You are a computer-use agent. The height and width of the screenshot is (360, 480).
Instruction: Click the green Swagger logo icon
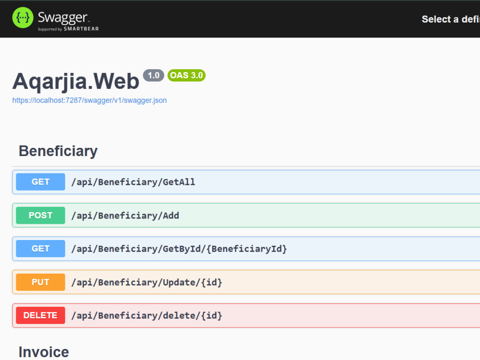tap(23, 18)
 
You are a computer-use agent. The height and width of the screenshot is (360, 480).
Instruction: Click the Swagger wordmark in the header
tap(63, 18)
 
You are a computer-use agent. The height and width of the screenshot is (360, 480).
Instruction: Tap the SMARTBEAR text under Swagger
tap(81, 29)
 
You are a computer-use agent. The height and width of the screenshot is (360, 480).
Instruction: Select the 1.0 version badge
tap(154, 75)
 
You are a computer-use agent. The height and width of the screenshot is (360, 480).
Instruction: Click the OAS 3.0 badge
tap(186, 75)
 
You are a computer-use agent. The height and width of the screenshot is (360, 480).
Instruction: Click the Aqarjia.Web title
tap(76, 82)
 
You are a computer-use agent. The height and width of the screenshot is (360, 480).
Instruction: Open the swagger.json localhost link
tap(89, 100)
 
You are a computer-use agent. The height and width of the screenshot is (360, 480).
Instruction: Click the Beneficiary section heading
tap(58, 151)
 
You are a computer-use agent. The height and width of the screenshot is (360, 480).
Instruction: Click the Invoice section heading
tap(44, 352)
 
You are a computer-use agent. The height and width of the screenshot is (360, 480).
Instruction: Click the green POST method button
tap(40, 216)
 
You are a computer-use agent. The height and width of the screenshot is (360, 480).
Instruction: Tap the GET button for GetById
tap(40, 249)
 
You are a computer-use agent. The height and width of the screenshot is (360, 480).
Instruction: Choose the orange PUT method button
tap(40, 282)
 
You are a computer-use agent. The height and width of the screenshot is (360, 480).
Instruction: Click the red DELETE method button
tap(40, 315)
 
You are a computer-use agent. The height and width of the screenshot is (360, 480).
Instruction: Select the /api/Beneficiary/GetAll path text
tap(133, 182)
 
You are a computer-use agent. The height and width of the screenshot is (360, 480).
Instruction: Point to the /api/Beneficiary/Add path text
tap(125, 216)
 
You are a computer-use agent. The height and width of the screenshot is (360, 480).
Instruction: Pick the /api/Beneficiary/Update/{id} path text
tap(146, 282)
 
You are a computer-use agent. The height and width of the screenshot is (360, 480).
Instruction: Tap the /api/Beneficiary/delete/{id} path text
tap(146, 316)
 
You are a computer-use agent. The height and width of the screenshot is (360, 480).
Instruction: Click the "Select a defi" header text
tap(451, 19)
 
